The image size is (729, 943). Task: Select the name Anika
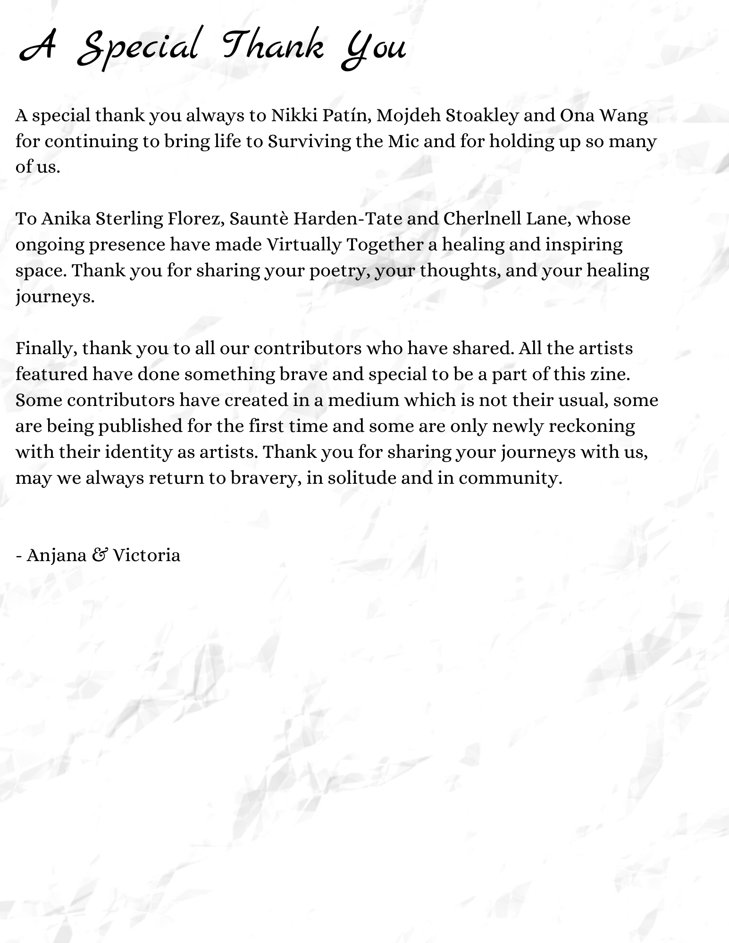[x=66, y=219]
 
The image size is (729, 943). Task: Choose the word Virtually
[x=303, y=245]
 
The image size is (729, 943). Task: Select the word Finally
[x=46, y=349]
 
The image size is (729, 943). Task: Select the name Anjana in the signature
[x=56, y=555]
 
